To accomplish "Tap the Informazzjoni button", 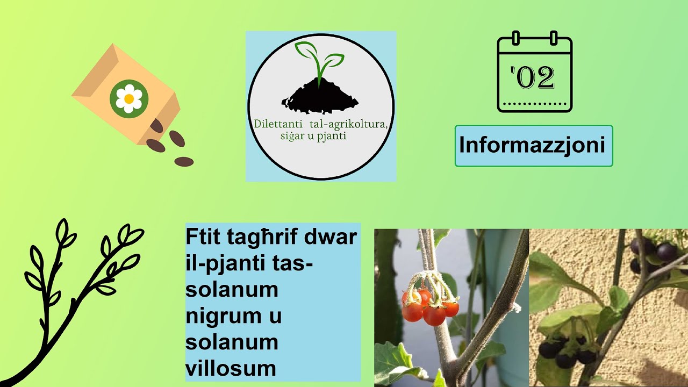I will point(533,146).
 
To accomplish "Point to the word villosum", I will point(231,369).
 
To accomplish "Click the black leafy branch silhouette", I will point(75,301).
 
